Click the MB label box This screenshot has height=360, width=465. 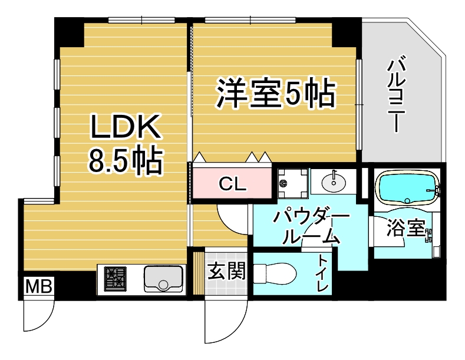pyautogui.click(x=39, y=286)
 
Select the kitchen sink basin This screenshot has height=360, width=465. pyautogui.click(x=163, y=279)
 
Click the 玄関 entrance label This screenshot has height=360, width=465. pyautogui.click(x=227, y=271)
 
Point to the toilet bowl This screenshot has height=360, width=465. pyautogui.click(x=275, y=273)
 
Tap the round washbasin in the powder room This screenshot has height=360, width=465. pyautogui.click(x=334, y=182)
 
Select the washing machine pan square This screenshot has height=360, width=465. pyautogui.click(x=293, y=183)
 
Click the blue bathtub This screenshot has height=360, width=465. pyautogui.click(x=407, y=187)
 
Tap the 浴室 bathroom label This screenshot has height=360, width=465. pyautogui.click(x=406, y=228)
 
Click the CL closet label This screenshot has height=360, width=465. pyautogui.click(x=232, y=184)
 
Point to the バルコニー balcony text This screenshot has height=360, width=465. pyautogui.click(x=396, y=94)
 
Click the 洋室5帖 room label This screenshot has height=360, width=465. pyautogui.click(x=276, y=93)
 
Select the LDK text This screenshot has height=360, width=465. pyautogui.click(x=126, y=127)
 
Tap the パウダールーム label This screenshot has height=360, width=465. pyautogui.click(x=311, y=227)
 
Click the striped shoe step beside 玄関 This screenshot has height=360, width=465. pyautogui.click(x=199, y=273)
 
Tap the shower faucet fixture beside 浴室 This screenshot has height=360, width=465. pyautogui.click(x=429, y=236)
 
